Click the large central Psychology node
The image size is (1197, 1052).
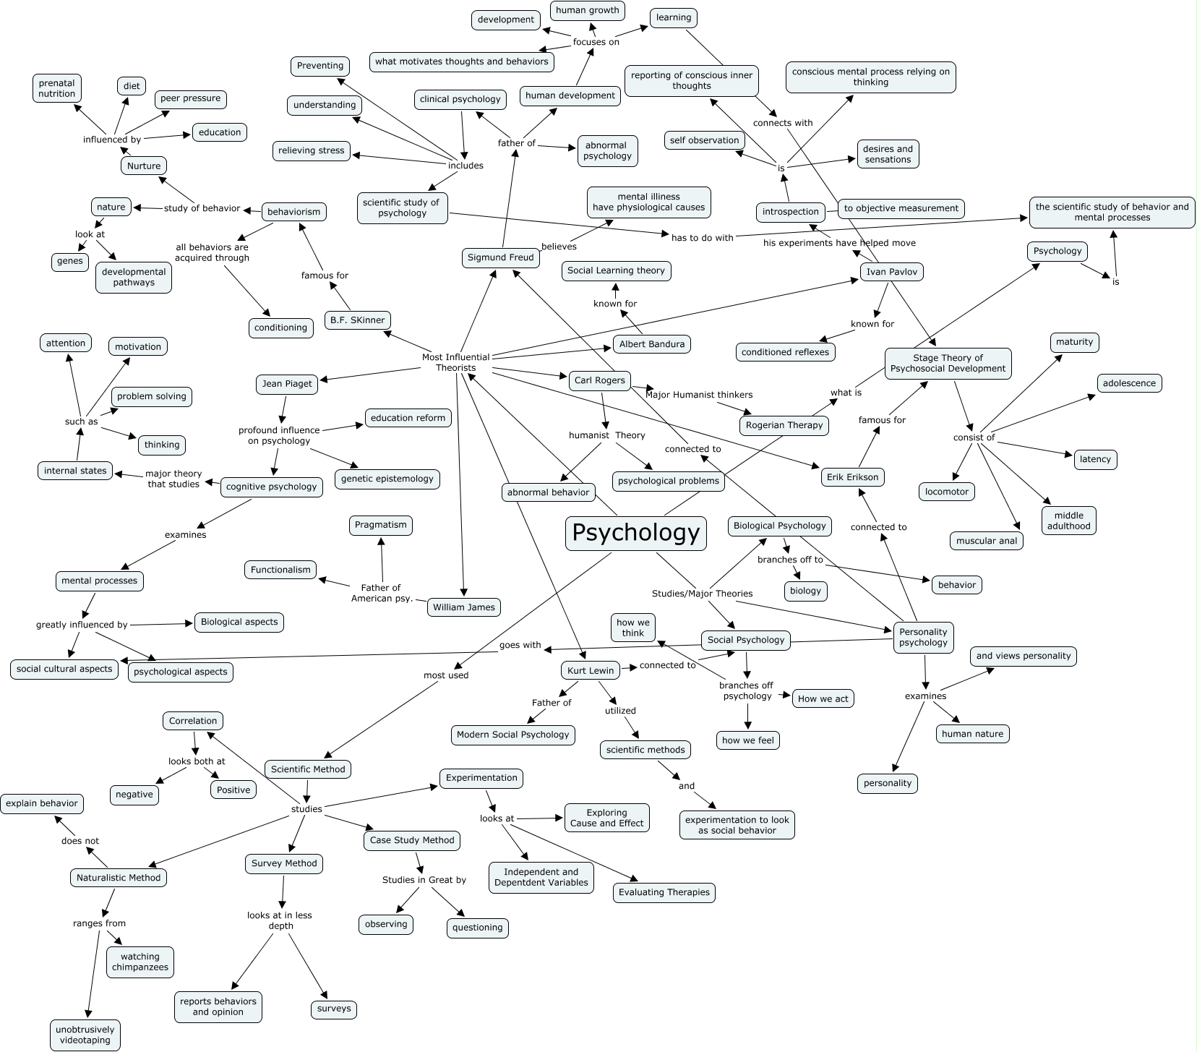coord(635,533)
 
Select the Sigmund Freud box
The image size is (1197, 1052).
coord(500,257)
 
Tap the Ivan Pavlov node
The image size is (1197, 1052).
coord(892,272)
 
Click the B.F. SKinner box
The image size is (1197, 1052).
coord(357,320)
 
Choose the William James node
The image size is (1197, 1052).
coord(463,607)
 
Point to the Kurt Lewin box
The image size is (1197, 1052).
coord(591,670)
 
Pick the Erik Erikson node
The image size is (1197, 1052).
coord(853,477)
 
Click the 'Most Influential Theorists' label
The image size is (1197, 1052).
coord(456,362)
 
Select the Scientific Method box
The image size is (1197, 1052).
coord(308,769)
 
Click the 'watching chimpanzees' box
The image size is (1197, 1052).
coord(140,962)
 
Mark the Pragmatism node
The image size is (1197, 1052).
coord(381,525)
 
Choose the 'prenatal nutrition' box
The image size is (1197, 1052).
coord(57,88)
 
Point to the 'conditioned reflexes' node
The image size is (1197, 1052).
coord(786,352)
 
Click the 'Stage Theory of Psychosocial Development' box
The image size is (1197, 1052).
coord(948,363)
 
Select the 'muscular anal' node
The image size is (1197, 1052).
coord(987,541)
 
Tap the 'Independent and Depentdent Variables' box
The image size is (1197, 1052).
coord(541,877)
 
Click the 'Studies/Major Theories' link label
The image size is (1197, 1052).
coord(702,594)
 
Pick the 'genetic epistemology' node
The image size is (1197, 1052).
coord(387,479)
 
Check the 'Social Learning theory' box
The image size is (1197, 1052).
coord(616,270)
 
